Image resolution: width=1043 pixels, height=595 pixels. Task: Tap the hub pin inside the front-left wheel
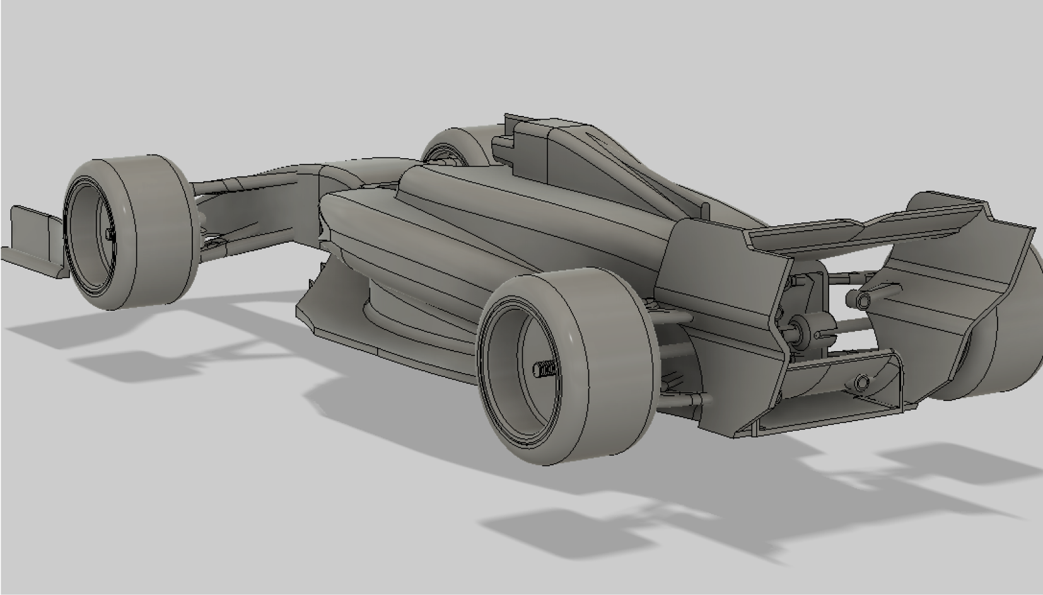pyautogui.click(x=110, y=234)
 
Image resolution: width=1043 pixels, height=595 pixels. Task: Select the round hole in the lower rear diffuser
pyautogui.click(x=861, y=381)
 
